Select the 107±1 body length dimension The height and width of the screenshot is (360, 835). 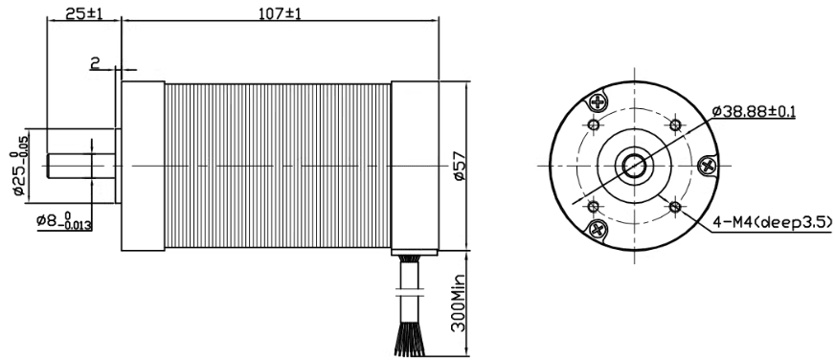point(278,14)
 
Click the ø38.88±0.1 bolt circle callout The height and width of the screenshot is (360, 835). point(753,112)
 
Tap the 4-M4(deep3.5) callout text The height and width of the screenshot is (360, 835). point(772,223)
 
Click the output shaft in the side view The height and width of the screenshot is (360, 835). point(81,166)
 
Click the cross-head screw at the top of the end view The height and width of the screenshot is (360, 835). point(599,101)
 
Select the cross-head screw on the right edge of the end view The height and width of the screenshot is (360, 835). point(708,166)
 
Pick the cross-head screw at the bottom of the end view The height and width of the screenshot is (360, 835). point(599,229)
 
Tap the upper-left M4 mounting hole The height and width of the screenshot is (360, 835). point(594,125)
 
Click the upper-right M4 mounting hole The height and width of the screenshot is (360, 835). point(675,125)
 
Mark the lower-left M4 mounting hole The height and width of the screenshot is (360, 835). point(594,206)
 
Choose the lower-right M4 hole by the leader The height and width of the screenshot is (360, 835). point(675,206)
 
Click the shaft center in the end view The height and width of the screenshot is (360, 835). point(634,166)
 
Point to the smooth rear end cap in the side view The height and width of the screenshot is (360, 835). point(414,166)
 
